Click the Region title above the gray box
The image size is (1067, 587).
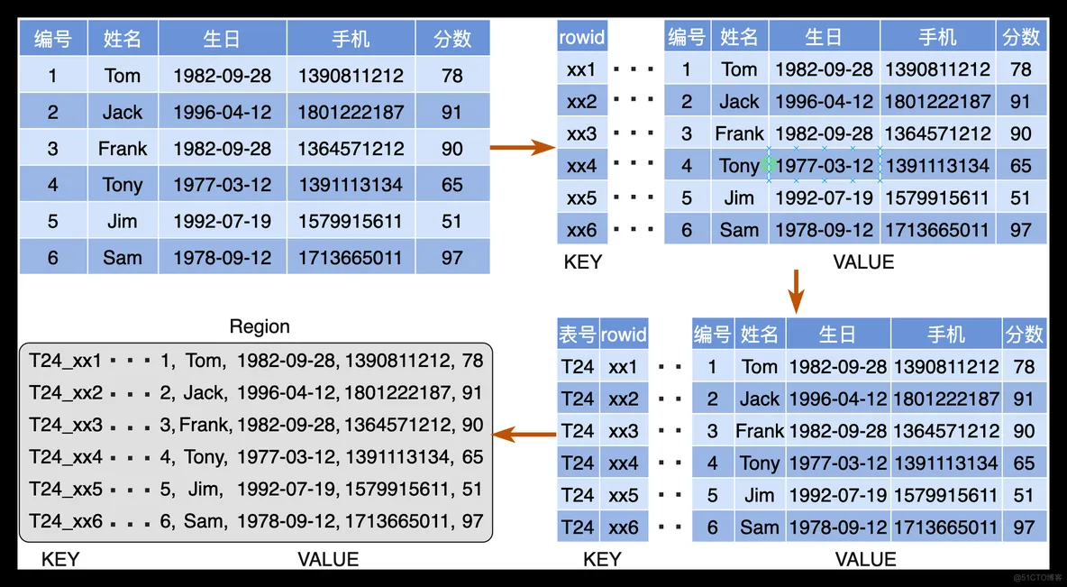pos(260,326)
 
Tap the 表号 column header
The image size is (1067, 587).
pos(578,335)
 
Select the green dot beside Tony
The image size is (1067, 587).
pos(769,163)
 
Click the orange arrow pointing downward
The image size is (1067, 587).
pos(796,291)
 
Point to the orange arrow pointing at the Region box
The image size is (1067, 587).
pos(524,434)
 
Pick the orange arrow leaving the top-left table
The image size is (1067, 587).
pos(524,146)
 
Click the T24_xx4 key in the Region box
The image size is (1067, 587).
pos(66,457)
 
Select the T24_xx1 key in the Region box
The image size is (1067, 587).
pos(65,361)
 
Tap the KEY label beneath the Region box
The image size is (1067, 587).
pos(59,559)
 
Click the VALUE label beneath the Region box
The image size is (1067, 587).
pos(328,559)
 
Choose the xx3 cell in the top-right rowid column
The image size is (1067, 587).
pos(582,133)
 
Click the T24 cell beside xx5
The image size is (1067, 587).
pos(578,495)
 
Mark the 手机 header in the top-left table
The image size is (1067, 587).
pos(351,38)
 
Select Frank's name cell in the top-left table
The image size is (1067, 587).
pos(123,149)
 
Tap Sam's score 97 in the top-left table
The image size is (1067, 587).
pos(451,257)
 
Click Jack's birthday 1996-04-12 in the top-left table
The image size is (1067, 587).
pos(223,113)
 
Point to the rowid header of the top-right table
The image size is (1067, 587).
pos(582,37)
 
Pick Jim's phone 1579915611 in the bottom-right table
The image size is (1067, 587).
pos(945,495)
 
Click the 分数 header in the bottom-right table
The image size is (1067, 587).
pos(1024,335)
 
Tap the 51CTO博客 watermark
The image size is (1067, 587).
pos(1037,577)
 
